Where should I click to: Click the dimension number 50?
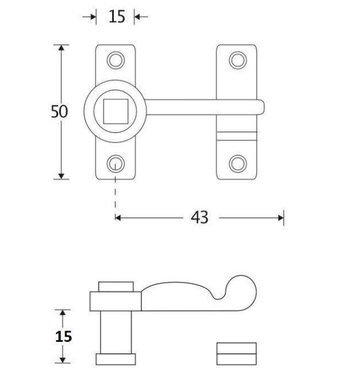pos(59,112)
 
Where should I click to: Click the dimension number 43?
pos(199,218)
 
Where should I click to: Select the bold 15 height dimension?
pos(64,336)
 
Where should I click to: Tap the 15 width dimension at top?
pos(117,17)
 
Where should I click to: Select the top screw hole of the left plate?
pos(116,59)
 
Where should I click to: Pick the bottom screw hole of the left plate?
pos(116,163)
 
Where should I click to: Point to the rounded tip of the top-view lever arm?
pos(260,106)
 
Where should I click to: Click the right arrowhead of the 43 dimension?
pos(281,218)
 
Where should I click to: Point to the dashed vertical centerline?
pos(116,193)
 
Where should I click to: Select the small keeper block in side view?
pos(236,353)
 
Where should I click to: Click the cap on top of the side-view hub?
pos(116,287)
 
